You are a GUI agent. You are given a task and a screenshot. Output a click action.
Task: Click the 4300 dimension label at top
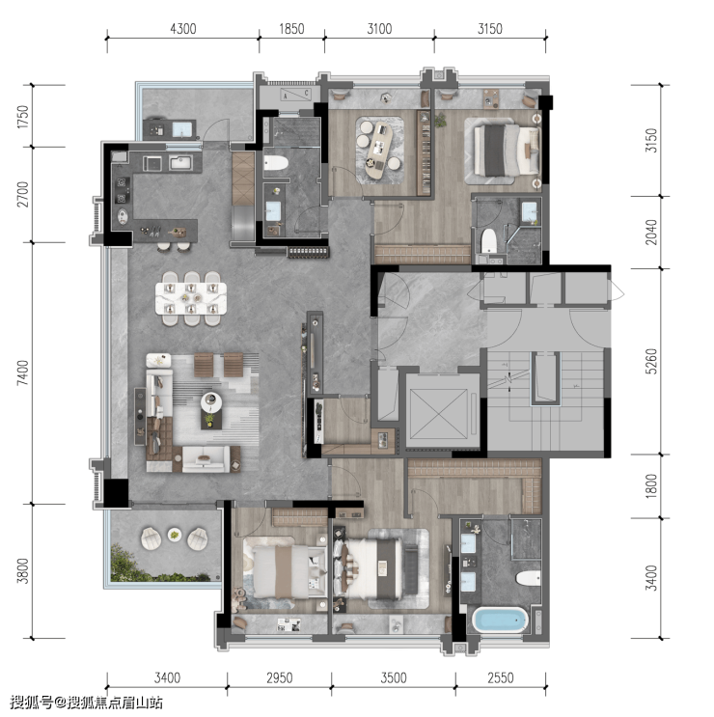(183, 29)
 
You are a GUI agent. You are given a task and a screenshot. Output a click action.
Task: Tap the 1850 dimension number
(291, 29)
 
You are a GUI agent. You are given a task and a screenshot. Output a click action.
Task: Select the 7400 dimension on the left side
(22, 372)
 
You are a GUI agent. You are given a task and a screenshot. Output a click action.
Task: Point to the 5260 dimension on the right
(651, 361)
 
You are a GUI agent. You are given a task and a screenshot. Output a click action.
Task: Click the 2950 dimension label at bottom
(279, 677)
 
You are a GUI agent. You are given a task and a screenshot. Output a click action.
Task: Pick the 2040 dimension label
(651, 233)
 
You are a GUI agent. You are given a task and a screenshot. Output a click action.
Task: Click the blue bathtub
(500, 620)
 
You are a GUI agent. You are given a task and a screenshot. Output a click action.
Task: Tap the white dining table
(191, 298)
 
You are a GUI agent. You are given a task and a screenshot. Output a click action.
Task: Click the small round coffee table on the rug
(211, 402)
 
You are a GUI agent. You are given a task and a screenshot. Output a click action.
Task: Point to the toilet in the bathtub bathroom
(529, 577)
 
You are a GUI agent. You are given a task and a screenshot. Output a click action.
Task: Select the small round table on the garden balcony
(174, 534)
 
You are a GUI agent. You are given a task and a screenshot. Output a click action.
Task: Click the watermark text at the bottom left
(87, 702)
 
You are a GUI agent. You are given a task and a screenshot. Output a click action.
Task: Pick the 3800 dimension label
(22, 570)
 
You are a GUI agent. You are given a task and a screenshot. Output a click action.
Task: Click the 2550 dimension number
(501, 677)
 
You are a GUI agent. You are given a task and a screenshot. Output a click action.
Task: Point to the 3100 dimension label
(379, 29)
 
